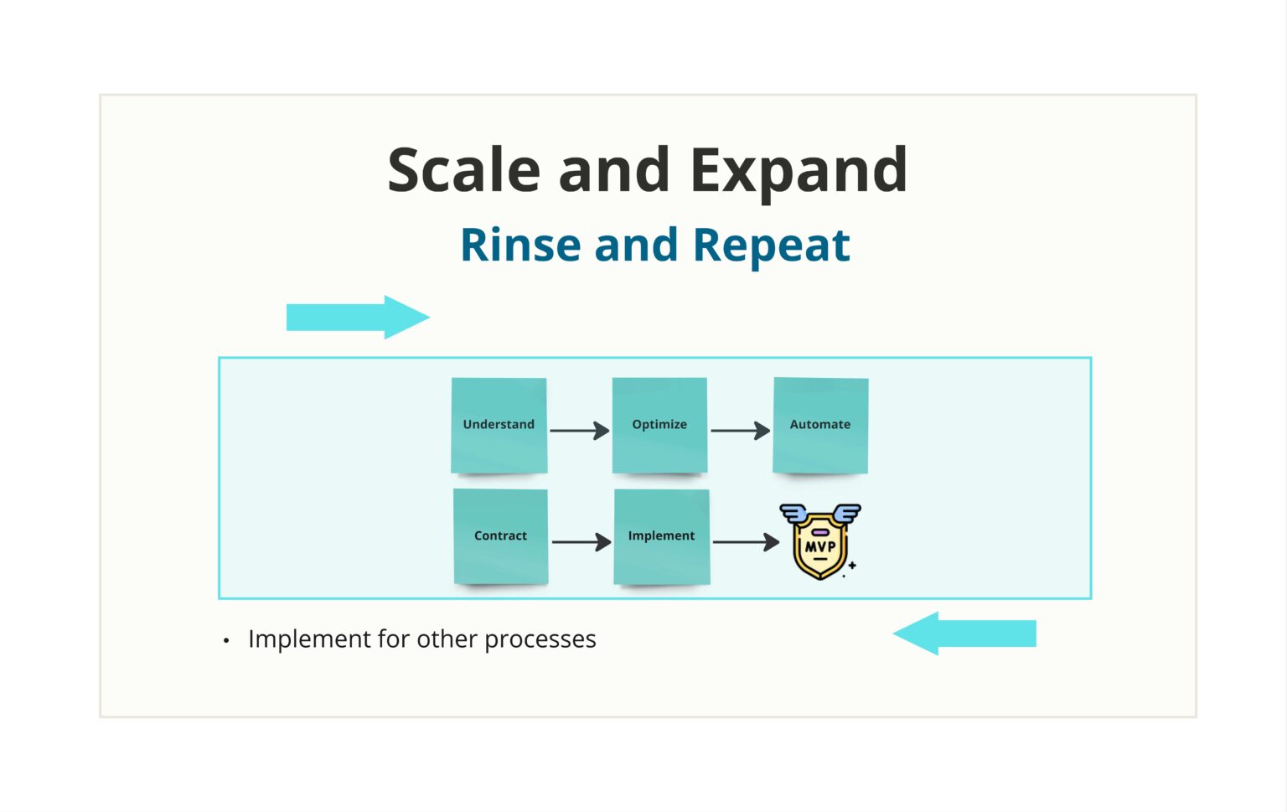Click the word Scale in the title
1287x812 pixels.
click(x=463, y=170)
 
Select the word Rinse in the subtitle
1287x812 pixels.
click(x=520, y=246)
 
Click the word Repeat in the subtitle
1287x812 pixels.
click(x=771, y=246)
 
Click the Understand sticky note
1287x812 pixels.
click(x=499, y=425)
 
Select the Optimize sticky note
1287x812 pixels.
click(x=659, y=425)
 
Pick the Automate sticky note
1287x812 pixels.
click(x=820, y=425)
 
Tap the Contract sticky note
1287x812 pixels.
click(x=500, y=536)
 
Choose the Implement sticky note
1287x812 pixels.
click(x=661, y=536)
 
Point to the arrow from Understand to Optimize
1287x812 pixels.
click(x=579, y=431)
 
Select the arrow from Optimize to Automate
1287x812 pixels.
click(x=740, y=431)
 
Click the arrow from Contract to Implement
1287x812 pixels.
click(x=581, y=542)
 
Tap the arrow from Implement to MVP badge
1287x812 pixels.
click(x=746, y=542)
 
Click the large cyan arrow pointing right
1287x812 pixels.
click(x=358, y=318)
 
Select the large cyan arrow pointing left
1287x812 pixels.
click(x=964, y=634)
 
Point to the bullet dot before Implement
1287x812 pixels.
click(x=226, y=641)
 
